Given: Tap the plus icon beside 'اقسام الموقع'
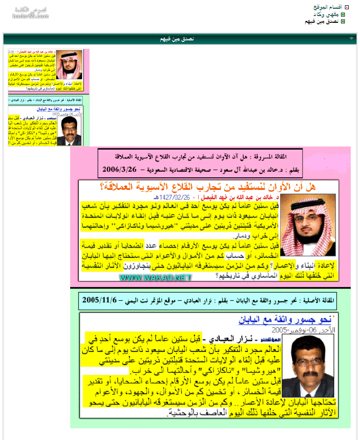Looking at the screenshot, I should (346, 7).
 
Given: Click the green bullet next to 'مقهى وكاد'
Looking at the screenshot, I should (343, 14).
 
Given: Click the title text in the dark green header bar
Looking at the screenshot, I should (177, 38).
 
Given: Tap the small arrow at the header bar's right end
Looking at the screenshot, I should (352, 38).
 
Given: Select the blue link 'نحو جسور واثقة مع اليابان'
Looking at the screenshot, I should (284, 320).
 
